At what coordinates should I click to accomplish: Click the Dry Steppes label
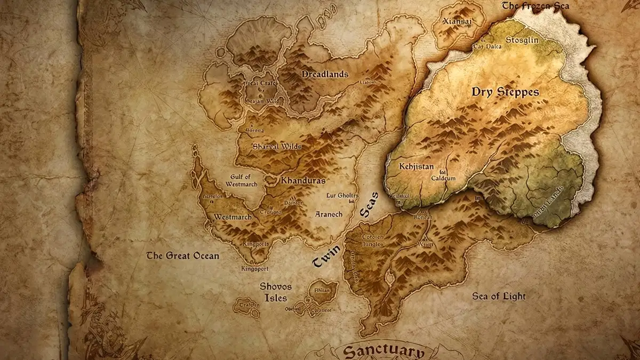(x=505, y=92)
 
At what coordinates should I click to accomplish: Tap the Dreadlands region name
(x=325, y=74)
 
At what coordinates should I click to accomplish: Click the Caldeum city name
(x=443, y=177)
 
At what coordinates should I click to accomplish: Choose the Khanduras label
(x=303, y=180)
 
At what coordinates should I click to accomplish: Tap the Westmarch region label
(x=233, y=217)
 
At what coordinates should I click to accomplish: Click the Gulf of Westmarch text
(x=244, y=180)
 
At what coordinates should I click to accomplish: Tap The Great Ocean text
(x=182, y=256)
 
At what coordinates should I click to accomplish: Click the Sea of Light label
(x=499, y=297)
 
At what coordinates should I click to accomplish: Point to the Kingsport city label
(x=254, y=268)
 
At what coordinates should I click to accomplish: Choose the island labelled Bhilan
(x=322, y=291)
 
